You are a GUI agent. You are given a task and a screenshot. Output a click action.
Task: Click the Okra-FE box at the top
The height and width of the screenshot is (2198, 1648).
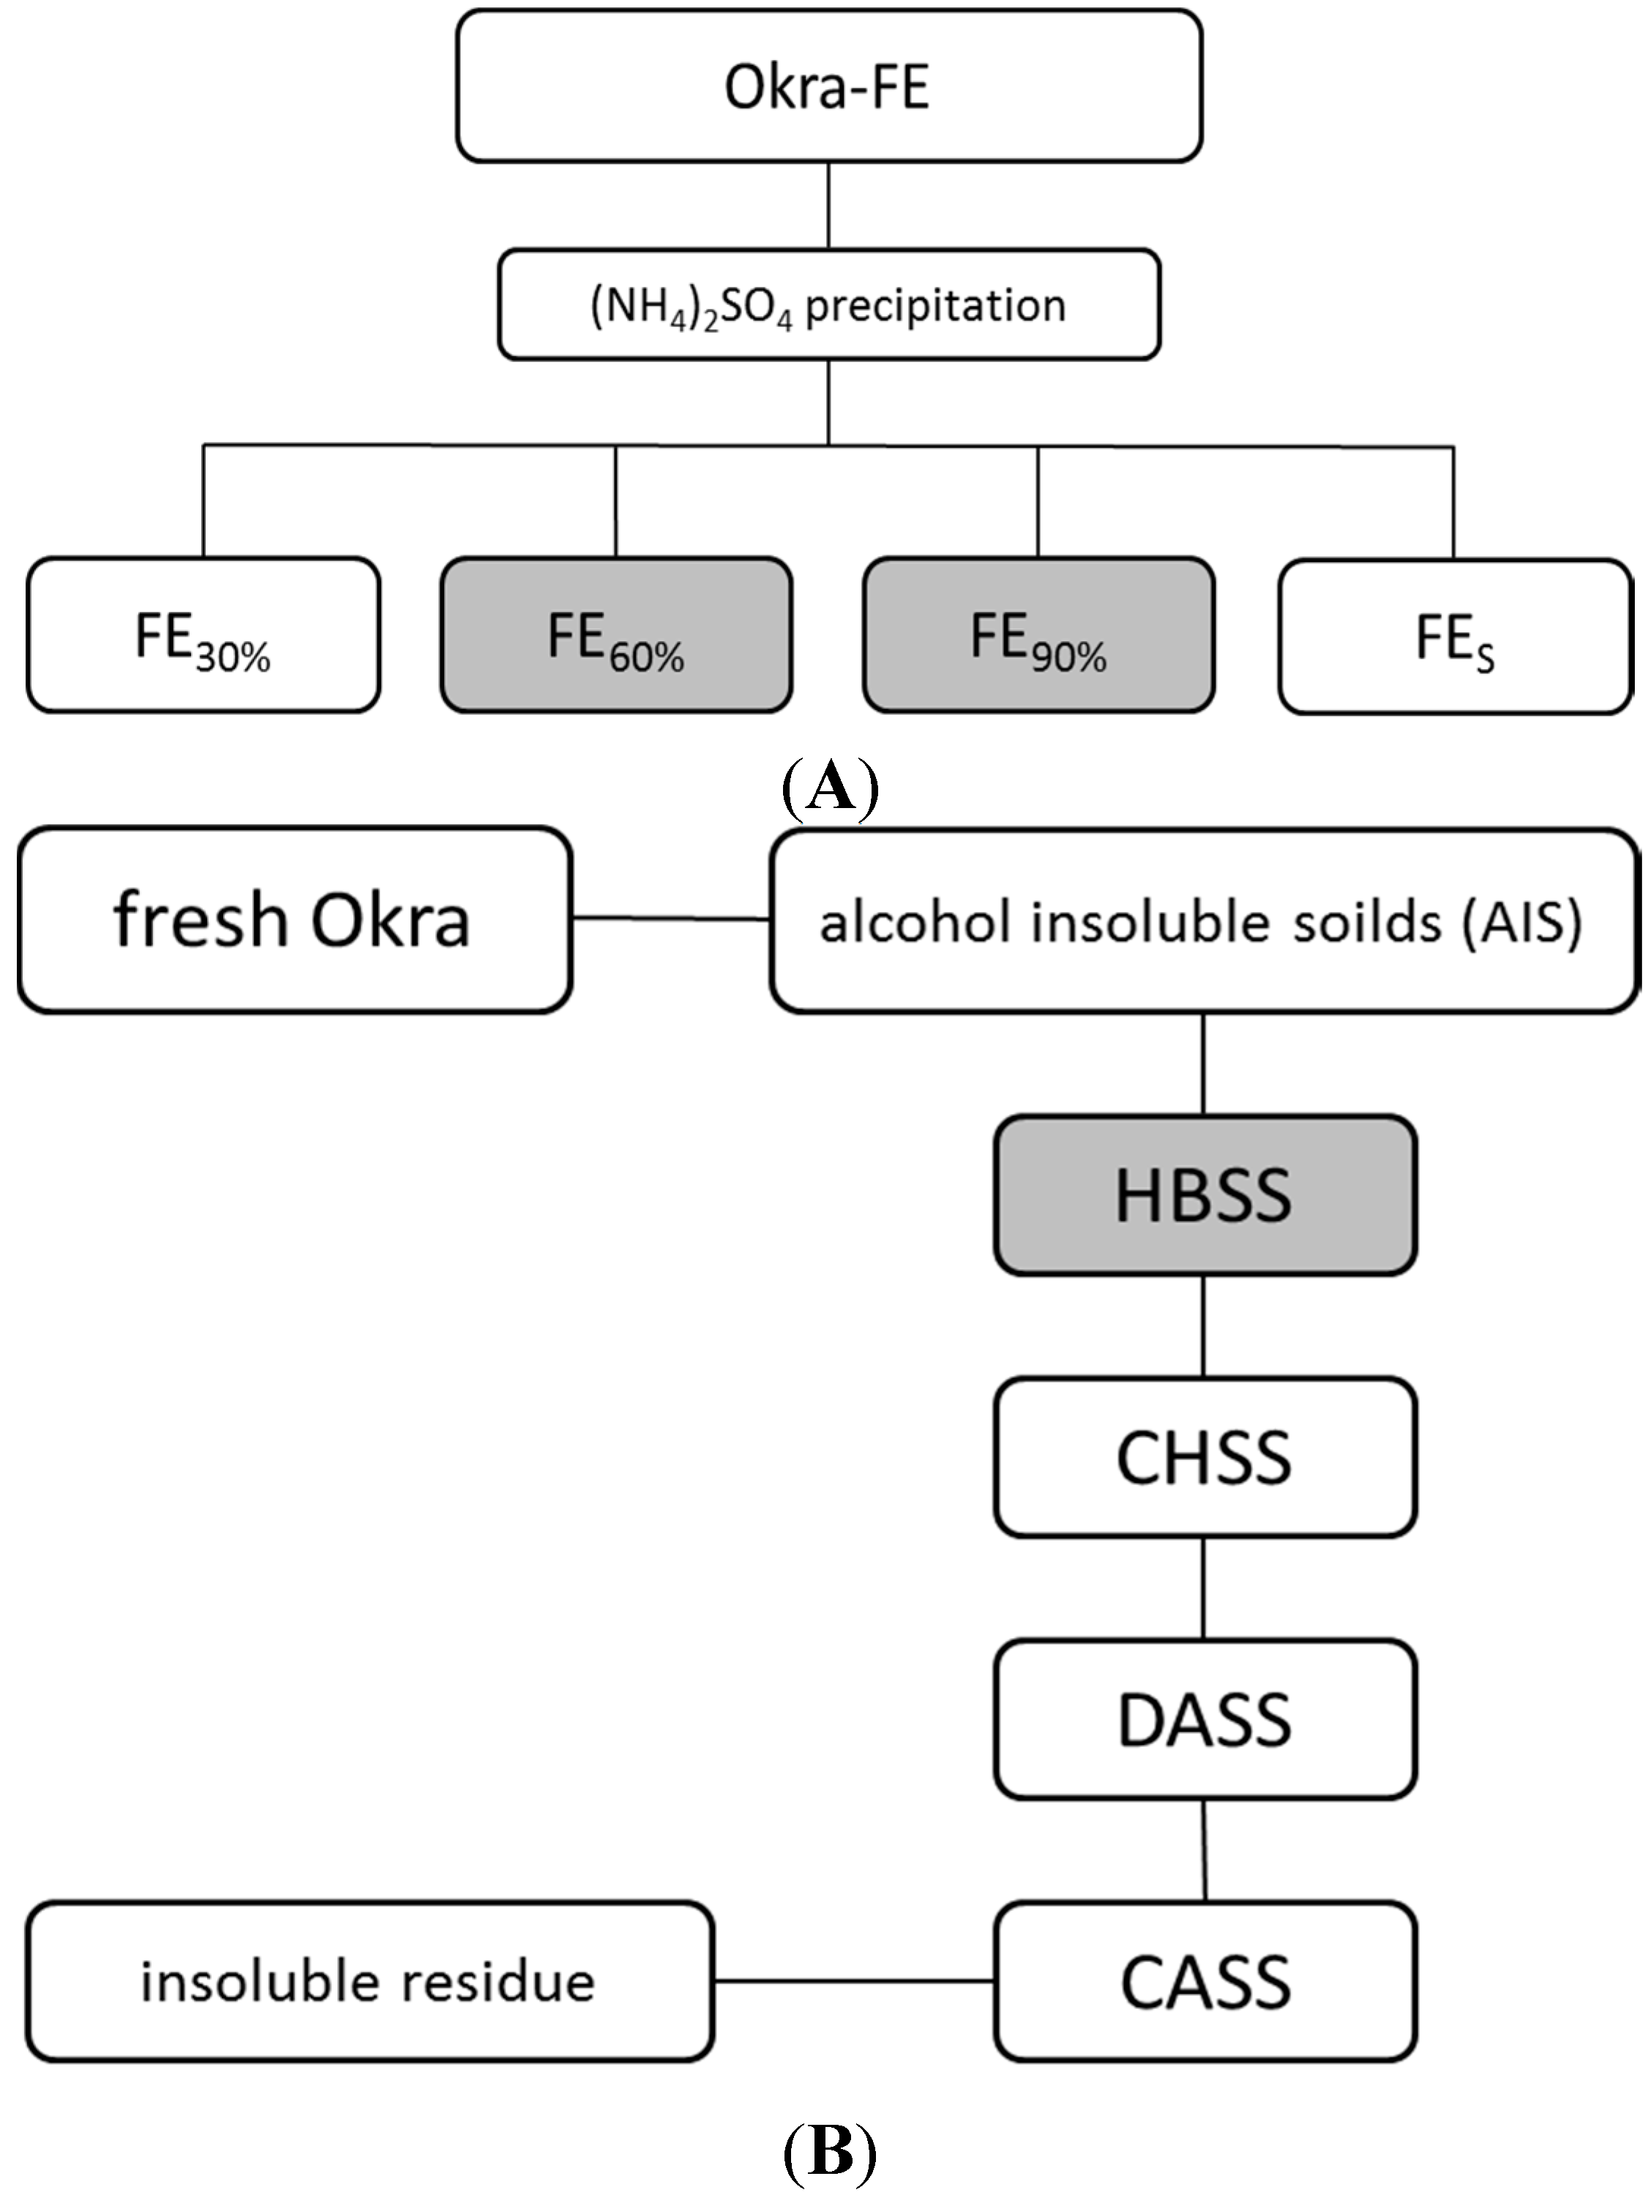[828, 86]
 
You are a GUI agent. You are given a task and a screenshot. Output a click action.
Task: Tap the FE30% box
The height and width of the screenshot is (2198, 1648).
[203, 636]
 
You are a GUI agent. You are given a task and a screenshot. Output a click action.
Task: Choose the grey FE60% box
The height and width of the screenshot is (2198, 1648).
[616, 636]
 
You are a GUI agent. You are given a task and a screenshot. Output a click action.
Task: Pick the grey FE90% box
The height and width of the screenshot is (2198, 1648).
[1038, 636]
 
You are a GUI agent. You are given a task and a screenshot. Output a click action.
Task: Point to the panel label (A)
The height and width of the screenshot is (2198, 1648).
[829, 788]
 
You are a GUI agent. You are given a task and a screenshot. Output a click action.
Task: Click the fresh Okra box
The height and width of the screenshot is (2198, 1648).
[294, 920]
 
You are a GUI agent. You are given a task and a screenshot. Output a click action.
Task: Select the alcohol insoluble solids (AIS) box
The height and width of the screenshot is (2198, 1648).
[1203, 921]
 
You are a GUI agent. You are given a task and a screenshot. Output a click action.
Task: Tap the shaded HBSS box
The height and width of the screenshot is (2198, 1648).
[1204, 1195]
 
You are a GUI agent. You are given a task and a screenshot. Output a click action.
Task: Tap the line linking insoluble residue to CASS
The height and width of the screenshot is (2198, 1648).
[854, 1981]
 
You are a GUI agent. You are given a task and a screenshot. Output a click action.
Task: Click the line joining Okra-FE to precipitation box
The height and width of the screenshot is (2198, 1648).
[828, 205]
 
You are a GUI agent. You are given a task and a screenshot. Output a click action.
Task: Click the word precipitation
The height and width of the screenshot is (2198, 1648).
[935, 305]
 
